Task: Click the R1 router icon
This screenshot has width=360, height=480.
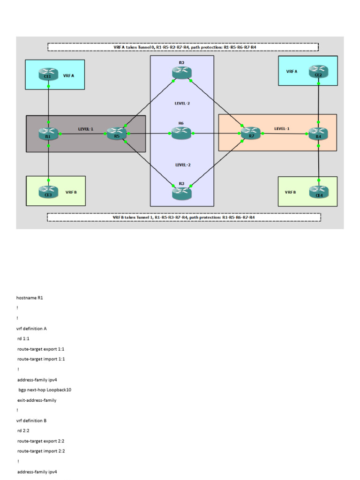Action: (48, 134)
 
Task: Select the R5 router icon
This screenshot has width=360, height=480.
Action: (117, 134)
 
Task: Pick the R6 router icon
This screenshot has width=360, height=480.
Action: (181, 134)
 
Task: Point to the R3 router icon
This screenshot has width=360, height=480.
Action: (181, 192)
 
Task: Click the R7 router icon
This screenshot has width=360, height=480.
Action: (251, 134)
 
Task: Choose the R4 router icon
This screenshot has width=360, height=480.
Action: (319, 134)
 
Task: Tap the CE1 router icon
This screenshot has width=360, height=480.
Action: (48, 75)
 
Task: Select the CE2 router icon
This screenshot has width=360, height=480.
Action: (319, 72)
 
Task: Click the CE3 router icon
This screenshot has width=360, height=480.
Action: (48, 191)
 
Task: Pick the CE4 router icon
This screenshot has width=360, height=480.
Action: (319, 191)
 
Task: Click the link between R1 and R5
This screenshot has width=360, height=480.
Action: (82, 134)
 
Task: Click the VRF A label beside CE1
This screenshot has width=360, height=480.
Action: (68, 75)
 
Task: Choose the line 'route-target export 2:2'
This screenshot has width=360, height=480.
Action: (41, 441)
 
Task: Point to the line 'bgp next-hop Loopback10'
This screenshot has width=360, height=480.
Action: (45, 390)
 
